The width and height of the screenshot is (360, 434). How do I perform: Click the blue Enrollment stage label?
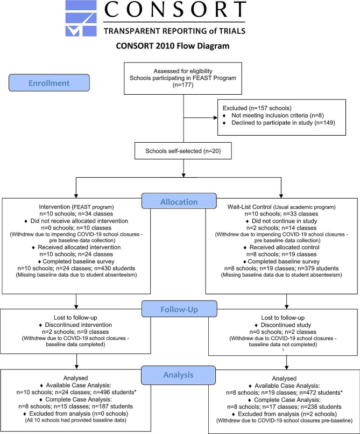click(49, 83)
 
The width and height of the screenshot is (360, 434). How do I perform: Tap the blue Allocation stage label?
click(179, 201)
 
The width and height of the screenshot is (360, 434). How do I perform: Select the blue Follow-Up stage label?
click(179, 309)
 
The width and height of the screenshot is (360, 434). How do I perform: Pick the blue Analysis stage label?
click(178, 375)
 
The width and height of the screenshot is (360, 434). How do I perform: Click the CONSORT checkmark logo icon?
click(81, 18)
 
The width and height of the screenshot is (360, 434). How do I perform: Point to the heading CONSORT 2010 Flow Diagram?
click(173, 46)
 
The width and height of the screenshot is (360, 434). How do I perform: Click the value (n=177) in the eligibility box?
click(183, 85)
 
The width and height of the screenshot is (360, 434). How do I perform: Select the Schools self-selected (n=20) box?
click(183, 151)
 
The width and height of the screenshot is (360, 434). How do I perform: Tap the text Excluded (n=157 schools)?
click(257, 108)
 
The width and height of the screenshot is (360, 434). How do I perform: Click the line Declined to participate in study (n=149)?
click(283, 123)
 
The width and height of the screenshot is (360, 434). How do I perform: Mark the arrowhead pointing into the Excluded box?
click(216, 117)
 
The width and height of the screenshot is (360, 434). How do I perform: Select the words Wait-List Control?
click(249, 207)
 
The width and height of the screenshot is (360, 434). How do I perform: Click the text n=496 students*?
click(115, 392)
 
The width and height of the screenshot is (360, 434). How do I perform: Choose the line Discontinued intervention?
click(79, 325)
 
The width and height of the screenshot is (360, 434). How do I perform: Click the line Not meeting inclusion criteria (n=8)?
click(278, 115)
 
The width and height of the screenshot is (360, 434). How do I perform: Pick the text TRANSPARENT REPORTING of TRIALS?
click(174, 31)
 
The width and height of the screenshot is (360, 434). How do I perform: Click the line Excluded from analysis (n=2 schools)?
click(287, 414)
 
